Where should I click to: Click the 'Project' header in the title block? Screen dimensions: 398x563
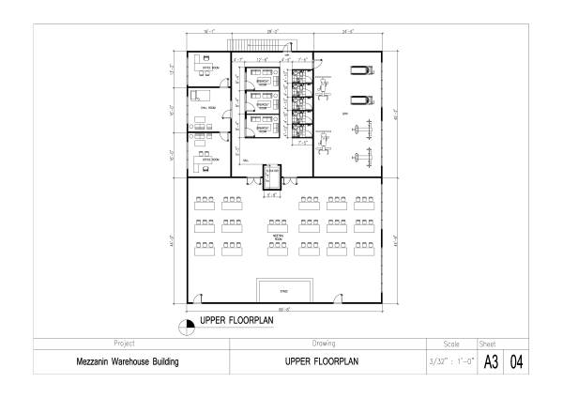[x=128, y=344]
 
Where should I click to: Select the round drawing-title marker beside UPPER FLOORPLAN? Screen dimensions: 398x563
[x=185, y=325]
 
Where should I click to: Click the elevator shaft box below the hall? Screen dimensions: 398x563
[x=273, y=177]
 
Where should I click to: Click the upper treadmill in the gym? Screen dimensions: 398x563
[x=359, y=69]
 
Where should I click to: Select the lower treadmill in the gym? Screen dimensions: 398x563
[x=359, y=100]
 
